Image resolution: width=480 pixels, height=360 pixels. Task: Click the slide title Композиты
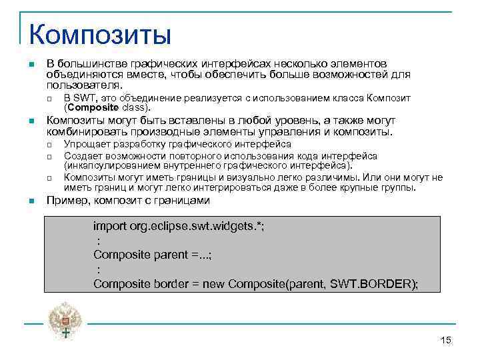click(100, 33)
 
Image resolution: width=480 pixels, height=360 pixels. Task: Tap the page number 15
click(446, 341)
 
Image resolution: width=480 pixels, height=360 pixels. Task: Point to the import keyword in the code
click(109, 225)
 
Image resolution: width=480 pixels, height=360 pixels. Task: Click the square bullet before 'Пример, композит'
click(31, 201)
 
